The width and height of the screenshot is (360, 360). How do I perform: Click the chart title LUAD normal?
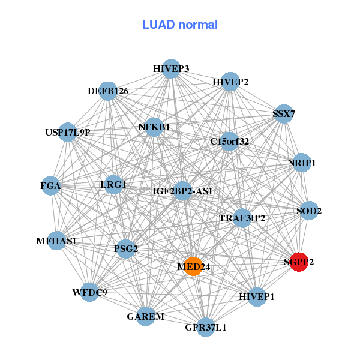click(x=180, y=25)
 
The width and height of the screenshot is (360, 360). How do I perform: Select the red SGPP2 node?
click(x=299, y=262)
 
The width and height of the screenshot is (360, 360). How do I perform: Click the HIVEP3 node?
click(x=171, y=69)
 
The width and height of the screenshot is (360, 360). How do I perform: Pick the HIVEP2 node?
click(x=230, y=82)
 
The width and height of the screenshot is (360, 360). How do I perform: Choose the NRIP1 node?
click(x=302, y=163)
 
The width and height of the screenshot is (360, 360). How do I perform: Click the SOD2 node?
click(x=309, y=211)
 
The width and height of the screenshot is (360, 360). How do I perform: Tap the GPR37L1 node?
click(x=205, y=327)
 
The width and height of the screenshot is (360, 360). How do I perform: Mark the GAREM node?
click(x=146, y=316)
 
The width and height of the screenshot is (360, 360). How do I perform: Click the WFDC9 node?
click(x=89, y=292)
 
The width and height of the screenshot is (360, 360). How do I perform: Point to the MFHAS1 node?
click(x=56, y=241)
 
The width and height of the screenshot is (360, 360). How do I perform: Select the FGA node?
click(x=52, y=186)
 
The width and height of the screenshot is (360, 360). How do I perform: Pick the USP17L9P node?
click(x=68, y=132)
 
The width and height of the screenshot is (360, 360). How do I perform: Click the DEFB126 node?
click(x=108, y=91)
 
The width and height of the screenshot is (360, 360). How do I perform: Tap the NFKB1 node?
click(x=155, y=127)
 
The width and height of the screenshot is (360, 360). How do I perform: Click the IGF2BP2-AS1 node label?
click(x=182, y=191)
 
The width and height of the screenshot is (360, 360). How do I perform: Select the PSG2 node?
click(x=126, y=248)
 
